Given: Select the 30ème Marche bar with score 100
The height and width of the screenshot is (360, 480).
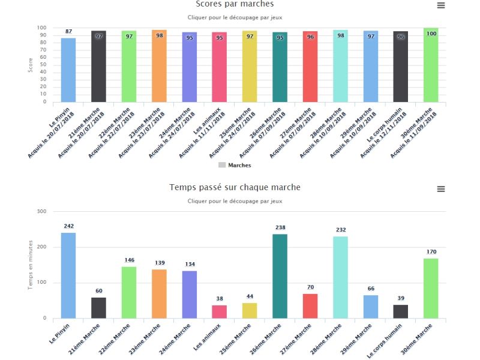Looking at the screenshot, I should (x=431, y=65).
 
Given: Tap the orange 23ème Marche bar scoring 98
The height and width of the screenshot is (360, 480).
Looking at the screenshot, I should (x=159, y=66).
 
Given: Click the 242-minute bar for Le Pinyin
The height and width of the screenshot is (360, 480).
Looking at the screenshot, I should (x=68, y=275).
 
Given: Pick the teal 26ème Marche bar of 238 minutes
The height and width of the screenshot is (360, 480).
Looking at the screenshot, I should (x=280, y=276).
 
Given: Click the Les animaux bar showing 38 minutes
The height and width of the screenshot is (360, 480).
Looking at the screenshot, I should (x=220, y=311).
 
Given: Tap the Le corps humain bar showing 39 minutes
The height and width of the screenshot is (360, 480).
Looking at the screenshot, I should (x=401, y=311).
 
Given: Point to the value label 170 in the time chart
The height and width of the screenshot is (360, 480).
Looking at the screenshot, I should (x=431, y=252).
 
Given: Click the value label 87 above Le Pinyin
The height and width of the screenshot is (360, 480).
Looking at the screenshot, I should (x=69, y=31).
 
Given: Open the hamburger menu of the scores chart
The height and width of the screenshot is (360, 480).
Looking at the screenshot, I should (x=441, y=5).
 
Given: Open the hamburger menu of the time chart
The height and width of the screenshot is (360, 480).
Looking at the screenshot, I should (x=441, y=189).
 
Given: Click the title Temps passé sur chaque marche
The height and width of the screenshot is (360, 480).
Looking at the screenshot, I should (x=235, y=187).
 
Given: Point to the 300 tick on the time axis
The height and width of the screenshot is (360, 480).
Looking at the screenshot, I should (x=42, y=211).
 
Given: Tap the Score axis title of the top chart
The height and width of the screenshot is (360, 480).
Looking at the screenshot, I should (x=31, y=65).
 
